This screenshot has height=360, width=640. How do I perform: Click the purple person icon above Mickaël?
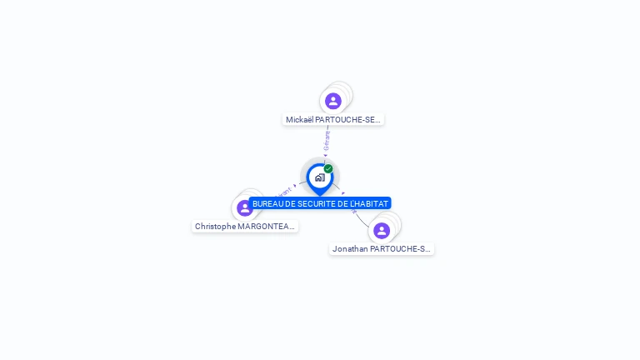coord(333,101)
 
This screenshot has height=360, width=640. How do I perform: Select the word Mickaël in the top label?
coord(299,120)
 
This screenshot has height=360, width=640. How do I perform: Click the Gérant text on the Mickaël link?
coord(327,141)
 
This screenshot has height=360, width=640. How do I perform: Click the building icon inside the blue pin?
coord(319,177)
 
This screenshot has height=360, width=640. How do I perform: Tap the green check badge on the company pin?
coord(328,169)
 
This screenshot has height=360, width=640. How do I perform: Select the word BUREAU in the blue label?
coord(268,203)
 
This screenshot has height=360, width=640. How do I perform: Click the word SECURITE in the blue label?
coord(308,203)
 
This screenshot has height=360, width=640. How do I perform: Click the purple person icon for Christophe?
coord(244,207)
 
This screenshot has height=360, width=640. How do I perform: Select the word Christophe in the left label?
coord(215,227)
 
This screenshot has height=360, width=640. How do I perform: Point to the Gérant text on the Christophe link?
coord(284,192)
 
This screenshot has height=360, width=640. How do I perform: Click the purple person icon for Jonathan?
coord(382,230)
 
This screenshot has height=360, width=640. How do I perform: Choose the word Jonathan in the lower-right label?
coord(351,249)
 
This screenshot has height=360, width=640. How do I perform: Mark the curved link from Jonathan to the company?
coord(360,218)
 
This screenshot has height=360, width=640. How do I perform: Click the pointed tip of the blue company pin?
coord(319,195)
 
